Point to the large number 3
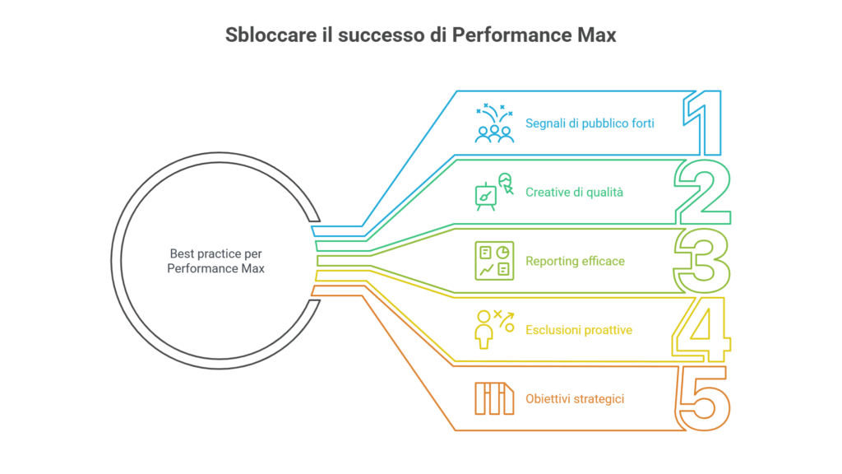click(702, 261)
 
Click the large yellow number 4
click(701, 330)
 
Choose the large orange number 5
click(704, 399)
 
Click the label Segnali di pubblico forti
click(590, 123)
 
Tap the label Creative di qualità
click(575, 192)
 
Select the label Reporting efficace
click(576, 261)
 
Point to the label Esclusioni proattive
click(579, 330)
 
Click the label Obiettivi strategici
click(575, 399)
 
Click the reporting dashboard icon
click(494, 261)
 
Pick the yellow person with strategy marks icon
click(494, 330)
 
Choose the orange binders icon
click(494, 399)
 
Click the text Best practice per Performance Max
click(215, 261)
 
